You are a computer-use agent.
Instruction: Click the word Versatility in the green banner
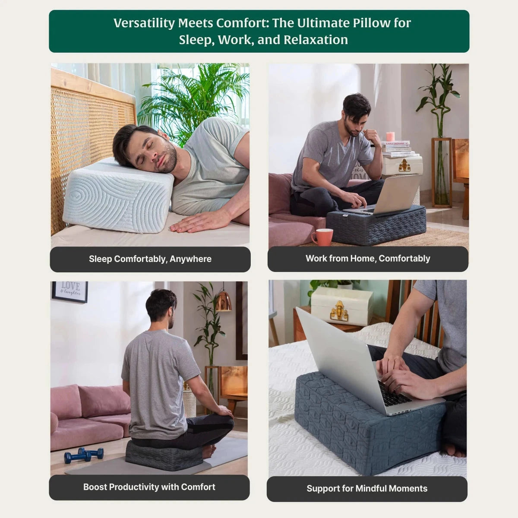pos(144,23)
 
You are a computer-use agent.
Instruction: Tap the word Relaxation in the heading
pos(316,40)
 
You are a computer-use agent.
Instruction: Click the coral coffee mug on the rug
pos(322,237)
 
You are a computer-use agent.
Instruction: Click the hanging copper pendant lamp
pos(223,301)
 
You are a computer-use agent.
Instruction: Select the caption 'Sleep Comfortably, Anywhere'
pos(150,259)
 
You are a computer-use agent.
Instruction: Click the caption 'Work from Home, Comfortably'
pos(368,259)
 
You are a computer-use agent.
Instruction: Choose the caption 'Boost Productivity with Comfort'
pos(149,487)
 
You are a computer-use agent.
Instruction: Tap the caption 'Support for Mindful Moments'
pos(367,488)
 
